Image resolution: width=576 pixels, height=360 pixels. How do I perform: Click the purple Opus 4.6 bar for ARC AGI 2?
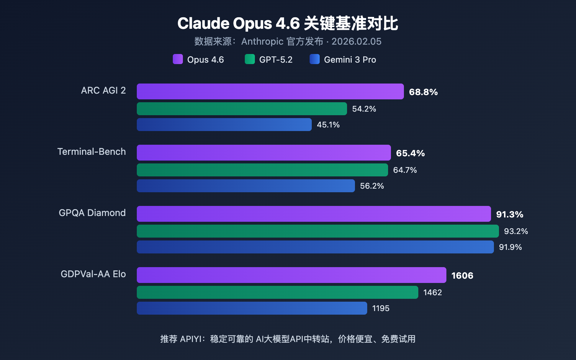(x=270, y=91)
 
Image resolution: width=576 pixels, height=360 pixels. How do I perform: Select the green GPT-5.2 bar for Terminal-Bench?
(x=262, y=170)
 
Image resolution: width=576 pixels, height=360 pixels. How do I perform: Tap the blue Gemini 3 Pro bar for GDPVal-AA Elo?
(x=252, y=308)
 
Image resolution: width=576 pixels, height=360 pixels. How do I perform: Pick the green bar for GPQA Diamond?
(x=318, y=231)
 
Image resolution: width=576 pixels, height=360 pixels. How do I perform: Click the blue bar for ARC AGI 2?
(x=224, y=125)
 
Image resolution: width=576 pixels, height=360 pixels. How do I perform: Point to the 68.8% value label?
(x=423, y=92)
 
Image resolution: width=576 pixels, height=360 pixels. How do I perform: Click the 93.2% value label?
(x=516, y=231)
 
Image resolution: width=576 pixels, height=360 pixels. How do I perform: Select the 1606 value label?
(x=462, y=276)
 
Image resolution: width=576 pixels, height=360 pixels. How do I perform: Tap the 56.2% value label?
(x=372, y=186)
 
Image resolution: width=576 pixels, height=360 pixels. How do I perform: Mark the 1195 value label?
(x=381, y=309)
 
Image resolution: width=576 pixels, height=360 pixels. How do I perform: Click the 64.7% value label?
(x=405, y=170)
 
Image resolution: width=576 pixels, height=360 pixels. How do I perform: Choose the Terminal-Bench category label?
(x=91, y=152)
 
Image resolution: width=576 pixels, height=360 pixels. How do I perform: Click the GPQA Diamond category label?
(x=92, y=213)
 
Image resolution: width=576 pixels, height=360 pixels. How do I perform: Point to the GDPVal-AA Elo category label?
(x=93, y=274)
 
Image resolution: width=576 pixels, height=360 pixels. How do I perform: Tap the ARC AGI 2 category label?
(x=103, y=90)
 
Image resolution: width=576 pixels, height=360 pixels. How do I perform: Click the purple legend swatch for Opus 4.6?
(x=178, y=59)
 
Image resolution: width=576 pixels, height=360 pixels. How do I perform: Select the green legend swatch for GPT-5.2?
(x=250, y=59)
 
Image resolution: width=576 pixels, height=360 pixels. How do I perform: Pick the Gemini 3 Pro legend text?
(x=350, y=60)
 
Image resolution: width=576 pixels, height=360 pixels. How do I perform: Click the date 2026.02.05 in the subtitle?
(x=356, y=42)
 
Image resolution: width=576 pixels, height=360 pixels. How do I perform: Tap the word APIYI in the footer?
(x=190, y=339)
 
